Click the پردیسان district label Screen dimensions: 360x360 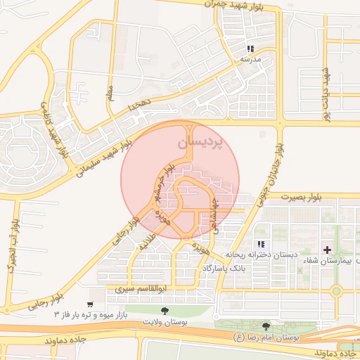click(x=198, y=142)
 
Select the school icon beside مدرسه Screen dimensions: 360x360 click(x=250, y=49)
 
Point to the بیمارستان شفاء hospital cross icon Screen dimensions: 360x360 click(x=327, y=250)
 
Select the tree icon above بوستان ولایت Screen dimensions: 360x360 click(x=165, y=309)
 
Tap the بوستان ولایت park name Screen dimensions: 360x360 click(x=165, y=321)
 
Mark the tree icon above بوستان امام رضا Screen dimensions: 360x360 click(x=265, y=326)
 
